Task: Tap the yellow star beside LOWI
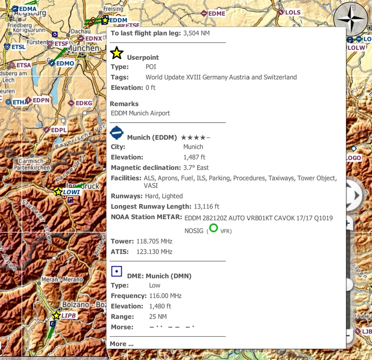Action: tap(58, 192)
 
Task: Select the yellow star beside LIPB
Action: tap(56, 316)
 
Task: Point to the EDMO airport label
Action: tap(65, 63)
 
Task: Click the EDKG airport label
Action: tap(84, 103)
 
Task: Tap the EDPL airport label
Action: tap(59, 130)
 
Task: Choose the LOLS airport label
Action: tap(292, 13)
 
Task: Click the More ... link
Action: tap(121, 344)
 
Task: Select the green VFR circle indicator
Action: tap(213, 228)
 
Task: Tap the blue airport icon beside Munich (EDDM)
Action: tap(117, 133)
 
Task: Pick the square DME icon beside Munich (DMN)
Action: tap(117, 271)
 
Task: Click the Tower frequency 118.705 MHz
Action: tap(154, 242)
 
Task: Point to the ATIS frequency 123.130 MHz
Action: tap(154, 252)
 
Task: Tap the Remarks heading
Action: tap(124, 104)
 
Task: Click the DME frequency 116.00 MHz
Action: tap(165, 296)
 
